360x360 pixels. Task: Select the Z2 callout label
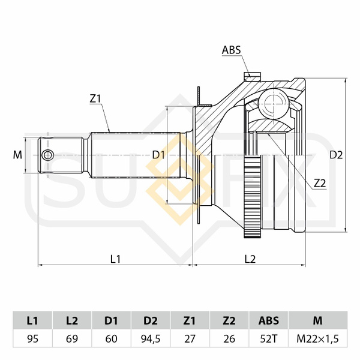coord(320,183)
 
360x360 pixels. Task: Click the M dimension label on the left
coord(17,155)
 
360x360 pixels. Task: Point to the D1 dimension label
coord(158,155)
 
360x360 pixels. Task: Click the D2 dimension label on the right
coord(336,155)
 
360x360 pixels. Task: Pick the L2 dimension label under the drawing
coord(250,259)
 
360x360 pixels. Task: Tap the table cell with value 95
coord(32,338)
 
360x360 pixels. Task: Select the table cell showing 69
coord(72,338)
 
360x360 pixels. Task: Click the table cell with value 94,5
coord(151,338)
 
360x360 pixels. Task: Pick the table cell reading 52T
coord(268,338)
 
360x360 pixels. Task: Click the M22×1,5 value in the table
coord(317,338)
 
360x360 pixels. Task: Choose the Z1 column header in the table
coord(190,320)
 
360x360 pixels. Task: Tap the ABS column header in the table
coord(268,320)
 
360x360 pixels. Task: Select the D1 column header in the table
coord(111,320)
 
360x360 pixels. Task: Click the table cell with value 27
coord(190,338)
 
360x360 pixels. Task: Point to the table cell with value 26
coord(229,338)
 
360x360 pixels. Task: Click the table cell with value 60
coord(111,338)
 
